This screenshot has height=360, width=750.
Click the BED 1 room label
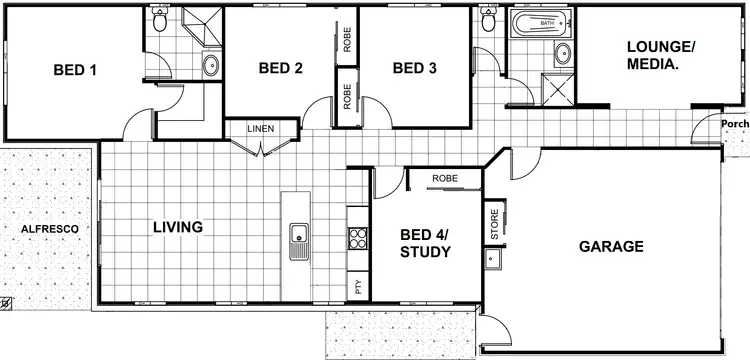(x=75, y=70)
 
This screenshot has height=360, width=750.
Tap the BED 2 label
(x=280, y=68)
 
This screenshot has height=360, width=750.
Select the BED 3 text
(x=414, y=68)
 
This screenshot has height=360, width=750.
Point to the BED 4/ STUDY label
(x=425, y=243)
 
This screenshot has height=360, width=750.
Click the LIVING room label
(x=177, y=227)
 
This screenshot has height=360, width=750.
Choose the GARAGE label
(x=611, y=246)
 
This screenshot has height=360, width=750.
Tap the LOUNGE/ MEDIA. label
(x=660, y=54)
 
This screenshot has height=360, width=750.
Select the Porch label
(x=734, y=124)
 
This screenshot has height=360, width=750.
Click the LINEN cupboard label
(x=263, y=129)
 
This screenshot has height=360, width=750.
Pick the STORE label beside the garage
(x=494, y=224)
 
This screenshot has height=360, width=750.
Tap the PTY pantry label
(x=357, y=287)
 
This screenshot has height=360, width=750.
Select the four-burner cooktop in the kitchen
(x=358, y=238)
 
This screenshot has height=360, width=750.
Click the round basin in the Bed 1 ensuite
(x=211, y=66)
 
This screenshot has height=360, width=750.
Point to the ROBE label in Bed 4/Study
(x=445, y=178)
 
